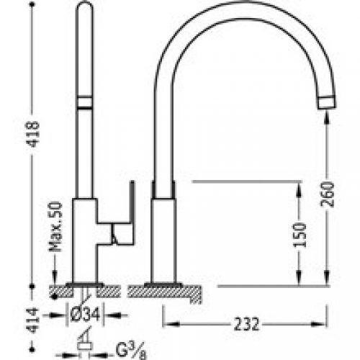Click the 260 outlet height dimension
coord(328,194)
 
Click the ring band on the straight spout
coord(86,102)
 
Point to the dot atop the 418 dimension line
coord(32,6)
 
